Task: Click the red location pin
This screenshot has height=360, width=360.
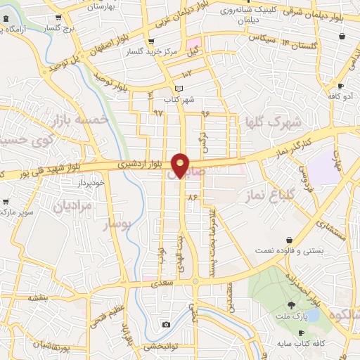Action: [181, 164]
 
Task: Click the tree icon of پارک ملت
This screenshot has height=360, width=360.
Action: [291, 304]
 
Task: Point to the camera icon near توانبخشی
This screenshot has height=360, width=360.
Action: [166, 324]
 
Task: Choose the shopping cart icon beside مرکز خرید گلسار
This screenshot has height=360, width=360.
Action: [151, 41]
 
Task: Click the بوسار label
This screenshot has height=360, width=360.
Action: [118, 225]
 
